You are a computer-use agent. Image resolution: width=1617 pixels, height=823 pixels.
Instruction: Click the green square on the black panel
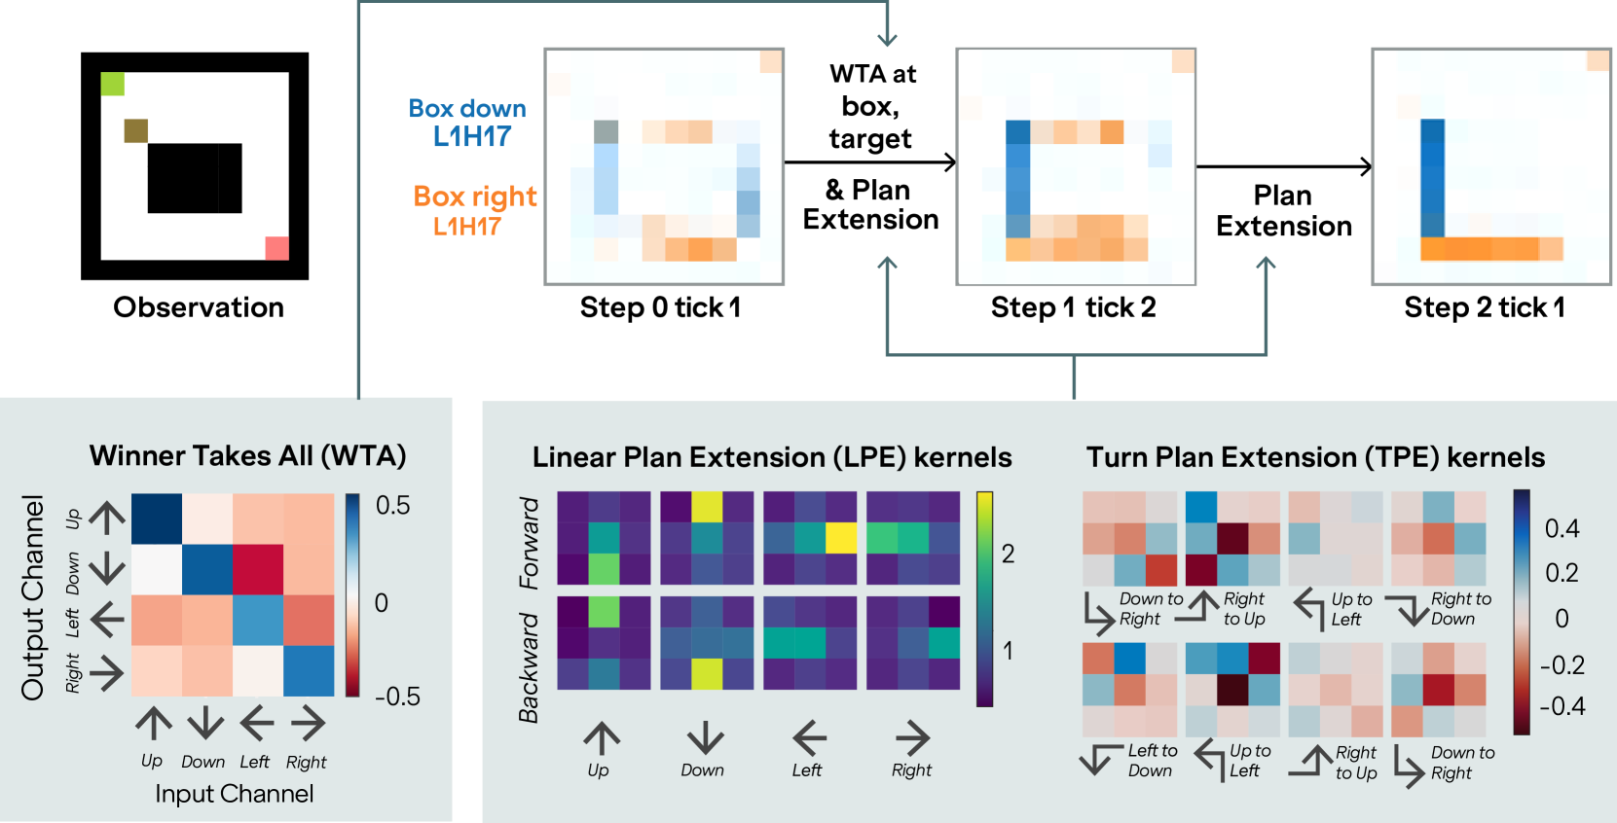113,84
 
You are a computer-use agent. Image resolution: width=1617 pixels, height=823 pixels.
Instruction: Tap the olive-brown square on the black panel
136,130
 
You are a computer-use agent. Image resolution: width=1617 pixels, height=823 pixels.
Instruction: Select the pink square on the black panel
276,248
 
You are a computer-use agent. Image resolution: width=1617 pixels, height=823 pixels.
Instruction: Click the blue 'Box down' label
468,122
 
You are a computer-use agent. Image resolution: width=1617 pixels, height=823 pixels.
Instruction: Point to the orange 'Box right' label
474,210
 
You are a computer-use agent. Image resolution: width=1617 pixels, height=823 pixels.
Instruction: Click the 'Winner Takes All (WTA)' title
247,455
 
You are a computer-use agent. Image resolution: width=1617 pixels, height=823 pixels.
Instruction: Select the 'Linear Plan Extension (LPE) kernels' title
772,457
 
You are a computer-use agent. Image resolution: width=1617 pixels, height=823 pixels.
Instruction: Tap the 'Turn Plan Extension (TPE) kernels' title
1315,457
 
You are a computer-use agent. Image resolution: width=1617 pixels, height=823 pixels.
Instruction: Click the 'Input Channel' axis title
235,794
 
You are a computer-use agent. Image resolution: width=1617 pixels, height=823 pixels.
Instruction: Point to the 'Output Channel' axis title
33,597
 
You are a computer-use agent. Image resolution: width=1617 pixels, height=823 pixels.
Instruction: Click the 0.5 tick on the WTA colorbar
392,505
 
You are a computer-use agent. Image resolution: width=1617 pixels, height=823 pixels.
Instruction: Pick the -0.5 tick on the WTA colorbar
397,697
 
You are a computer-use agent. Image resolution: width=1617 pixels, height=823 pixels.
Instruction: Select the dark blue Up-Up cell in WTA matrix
157,519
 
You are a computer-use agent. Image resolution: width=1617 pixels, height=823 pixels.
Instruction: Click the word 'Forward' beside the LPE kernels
529,543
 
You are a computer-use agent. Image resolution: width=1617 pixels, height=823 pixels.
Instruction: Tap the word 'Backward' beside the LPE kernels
529,667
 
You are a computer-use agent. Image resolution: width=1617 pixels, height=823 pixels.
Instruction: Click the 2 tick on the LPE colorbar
1008,554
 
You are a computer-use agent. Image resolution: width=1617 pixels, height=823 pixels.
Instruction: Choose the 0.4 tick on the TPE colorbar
1562,528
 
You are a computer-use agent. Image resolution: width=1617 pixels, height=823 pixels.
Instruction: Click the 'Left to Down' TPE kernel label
1152,761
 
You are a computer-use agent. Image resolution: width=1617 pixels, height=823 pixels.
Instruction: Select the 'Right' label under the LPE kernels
911,770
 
